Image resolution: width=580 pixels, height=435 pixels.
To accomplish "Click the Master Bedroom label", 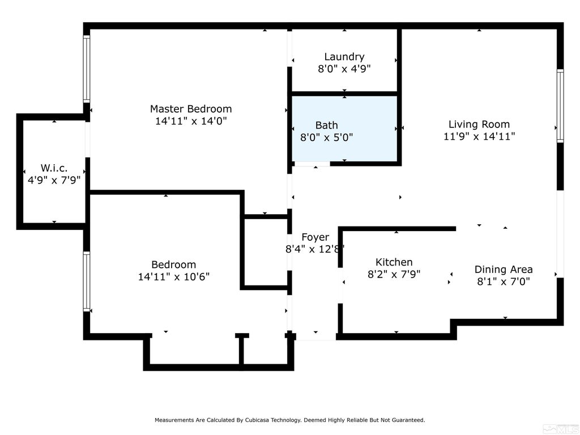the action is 191,109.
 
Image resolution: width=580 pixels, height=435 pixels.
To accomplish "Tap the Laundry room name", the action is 344,57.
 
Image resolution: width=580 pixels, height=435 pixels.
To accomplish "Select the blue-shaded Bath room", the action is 344,129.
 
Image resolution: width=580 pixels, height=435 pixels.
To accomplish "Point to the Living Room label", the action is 479,124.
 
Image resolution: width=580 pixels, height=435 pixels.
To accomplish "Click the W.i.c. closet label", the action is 54,168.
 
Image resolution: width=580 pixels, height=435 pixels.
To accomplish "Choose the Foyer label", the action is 315,237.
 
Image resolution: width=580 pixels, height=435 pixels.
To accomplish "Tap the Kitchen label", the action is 394,262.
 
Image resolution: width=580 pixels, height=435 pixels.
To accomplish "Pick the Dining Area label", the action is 504,269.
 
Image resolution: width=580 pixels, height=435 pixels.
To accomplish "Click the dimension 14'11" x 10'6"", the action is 174,276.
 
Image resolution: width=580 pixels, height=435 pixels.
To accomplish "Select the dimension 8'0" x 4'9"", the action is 344,69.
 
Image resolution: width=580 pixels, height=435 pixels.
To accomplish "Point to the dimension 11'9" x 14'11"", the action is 479,137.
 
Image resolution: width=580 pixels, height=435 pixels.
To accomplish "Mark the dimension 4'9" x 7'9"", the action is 54,180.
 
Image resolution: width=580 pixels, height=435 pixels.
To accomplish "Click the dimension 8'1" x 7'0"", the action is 504,282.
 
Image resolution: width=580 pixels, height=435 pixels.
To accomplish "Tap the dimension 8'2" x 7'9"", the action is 394,275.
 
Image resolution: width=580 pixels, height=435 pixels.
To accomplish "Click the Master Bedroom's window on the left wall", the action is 87,69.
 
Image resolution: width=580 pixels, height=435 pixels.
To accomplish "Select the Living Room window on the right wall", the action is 560,106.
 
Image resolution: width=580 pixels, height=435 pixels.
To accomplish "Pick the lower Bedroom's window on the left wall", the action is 87,282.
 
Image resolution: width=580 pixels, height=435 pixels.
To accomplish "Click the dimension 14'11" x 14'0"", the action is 191,121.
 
